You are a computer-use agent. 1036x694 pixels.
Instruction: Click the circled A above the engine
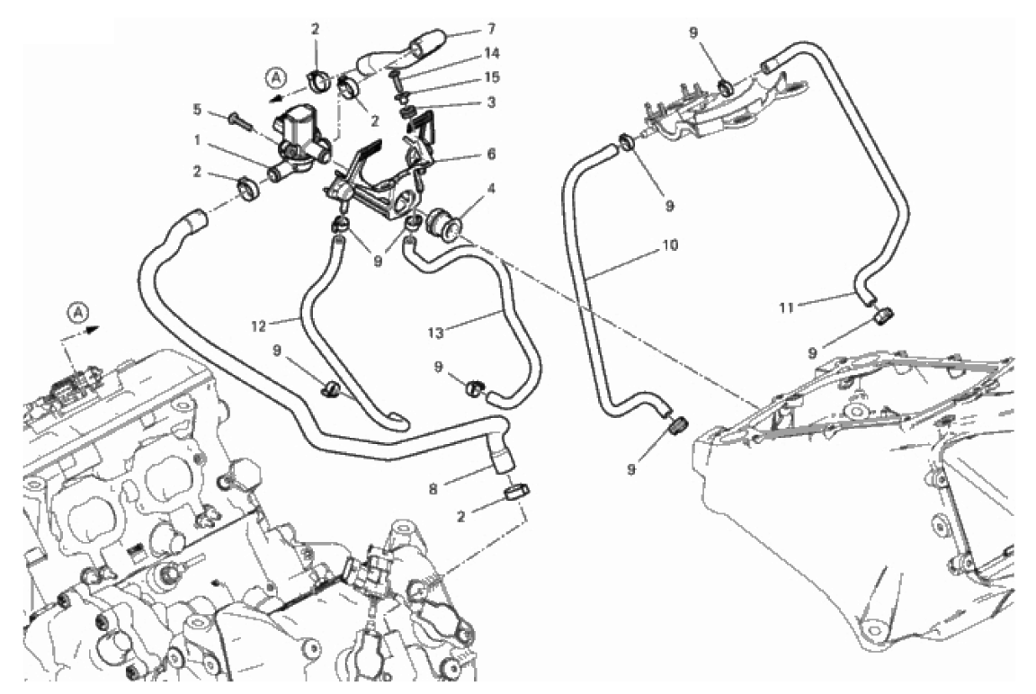(x=79, y=312)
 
